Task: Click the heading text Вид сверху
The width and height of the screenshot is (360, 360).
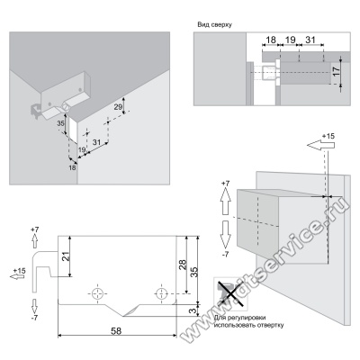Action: tap(214, 25)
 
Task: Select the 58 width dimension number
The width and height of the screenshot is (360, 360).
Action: tap(116, 331)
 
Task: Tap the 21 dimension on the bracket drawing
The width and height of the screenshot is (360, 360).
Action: tap(66, 256)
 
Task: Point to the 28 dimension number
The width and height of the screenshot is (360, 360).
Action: tap(183, 265)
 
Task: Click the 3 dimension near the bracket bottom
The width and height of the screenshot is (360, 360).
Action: tap(193, 310)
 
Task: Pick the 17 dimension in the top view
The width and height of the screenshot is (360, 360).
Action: tap(337, 71)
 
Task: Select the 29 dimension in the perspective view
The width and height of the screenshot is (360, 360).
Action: tap(119, 106)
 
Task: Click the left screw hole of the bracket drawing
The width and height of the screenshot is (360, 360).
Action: tap(97, 293)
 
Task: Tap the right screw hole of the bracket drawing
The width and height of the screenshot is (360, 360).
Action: tap(161, 292)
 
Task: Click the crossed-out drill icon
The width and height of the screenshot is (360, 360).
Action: tap(230, 293)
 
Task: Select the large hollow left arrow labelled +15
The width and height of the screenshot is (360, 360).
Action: tap(320, 145)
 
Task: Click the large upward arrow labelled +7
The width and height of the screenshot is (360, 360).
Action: tap(225, 202)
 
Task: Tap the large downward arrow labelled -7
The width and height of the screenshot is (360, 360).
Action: tap(225, 235)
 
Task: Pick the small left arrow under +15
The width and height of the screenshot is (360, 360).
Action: tap(17, 276)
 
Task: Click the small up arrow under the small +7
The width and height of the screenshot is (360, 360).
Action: tap(35, 241)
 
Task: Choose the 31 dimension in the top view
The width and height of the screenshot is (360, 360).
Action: tap(310, 40)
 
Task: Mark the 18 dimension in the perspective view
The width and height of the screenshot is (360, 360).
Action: tap(72, 167)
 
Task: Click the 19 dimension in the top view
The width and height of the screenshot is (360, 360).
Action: tap(290, 40)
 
